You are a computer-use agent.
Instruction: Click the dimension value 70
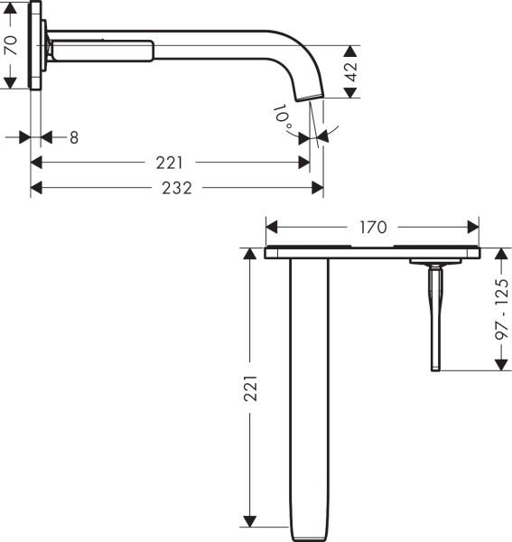(x=12, y=46)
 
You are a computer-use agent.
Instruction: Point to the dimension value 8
(x=74, y=137)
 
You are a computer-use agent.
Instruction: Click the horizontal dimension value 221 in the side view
(x=169, y=164)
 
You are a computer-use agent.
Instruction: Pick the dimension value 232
(x=177, y=188)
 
